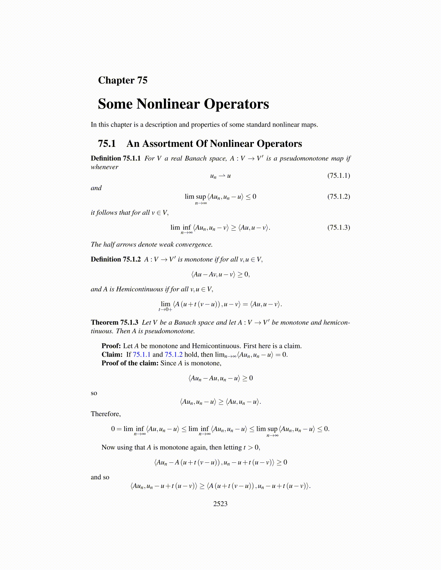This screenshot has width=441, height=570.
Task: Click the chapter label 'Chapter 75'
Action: tap(122, 80)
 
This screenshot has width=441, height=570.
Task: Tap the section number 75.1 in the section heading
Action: tap(107, 144)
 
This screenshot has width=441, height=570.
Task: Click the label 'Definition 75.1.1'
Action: tap(116, 158)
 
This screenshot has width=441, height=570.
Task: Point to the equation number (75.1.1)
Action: tap(338, 176)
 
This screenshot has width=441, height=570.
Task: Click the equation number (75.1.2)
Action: tap(338, 196)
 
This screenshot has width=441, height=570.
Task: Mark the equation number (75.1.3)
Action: tap(338, 227)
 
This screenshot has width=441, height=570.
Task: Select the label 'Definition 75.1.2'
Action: tap(116, 259)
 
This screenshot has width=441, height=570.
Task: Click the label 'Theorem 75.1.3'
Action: tap(115, 322)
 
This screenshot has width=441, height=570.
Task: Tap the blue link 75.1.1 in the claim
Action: tap(142, 355)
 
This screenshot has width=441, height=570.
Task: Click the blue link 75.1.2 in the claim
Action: tap(174, 355)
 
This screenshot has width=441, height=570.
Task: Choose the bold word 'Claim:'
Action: tap(112, 355)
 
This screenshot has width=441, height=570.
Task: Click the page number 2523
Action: tap(220, 504)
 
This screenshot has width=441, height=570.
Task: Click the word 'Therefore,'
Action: tap(106, 414)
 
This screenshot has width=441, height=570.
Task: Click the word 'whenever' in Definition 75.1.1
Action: tap(104, 167)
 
